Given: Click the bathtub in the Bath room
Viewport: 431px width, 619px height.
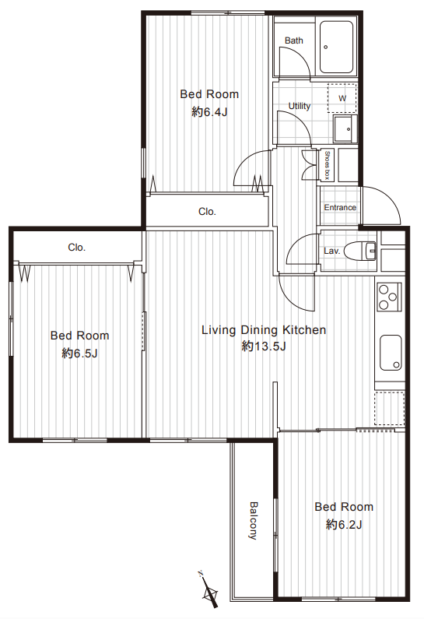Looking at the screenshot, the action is click(336, 47).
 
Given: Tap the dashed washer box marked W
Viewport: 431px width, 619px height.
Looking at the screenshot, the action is click(342, 98).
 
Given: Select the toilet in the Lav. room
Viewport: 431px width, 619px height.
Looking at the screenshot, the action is click(359, 250).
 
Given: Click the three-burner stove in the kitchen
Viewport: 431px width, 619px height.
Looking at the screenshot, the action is click(388, 297).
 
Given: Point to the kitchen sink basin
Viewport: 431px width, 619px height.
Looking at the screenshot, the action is click(391, 353).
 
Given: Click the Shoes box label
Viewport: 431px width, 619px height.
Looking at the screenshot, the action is click(327, 165).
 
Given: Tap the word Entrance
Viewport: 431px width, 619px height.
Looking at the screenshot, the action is click(340, 207).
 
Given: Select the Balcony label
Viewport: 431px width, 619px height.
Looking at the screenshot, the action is click(253, 520).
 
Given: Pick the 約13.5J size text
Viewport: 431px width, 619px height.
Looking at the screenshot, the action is click(264, 346).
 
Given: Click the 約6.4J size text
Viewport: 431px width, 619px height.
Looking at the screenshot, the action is click(209, 112).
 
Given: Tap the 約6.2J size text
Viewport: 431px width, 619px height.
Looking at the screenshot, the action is click(344, 524).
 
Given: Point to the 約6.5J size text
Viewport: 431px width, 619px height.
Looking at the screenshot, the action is click(79, 353).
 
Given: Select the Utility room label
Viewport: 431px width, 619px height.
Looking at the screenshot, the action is click(300, 106).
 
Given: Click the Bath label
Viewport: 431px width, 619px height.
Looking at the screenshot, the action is click(294, 40).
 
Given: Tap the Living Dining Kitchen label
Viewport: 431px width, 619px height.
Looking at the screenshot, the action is click(264, 329).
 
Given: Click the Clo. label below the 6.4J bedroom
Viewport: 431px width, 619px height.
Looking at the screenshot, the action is click(207, 212).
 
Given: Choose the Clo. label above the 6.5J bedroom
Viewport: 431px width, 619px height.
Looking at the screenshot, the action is click(76, 247).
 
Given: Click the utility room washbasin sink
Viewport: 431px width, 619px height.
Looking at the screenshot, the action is click(345, 128).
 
